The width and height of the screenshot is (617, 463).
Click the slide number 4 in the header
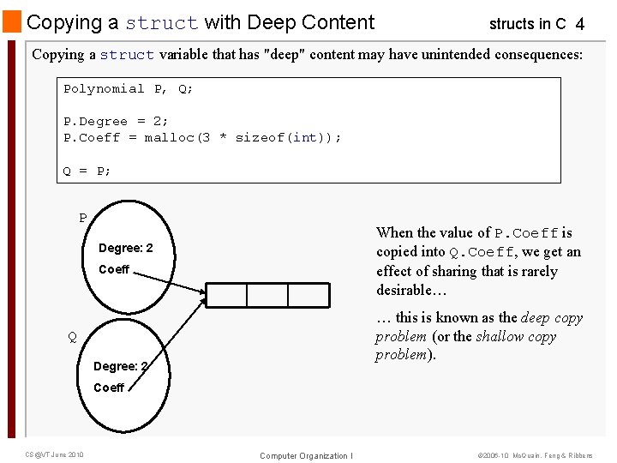580,25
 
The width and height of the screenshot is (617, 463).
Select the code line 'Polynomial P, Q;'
128,89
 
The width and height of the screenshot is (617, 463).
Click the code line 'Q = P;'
87,171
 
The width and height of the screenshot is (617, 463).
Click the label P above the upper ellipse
83,219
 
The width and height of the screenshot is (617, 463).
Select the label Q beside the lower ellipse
72,337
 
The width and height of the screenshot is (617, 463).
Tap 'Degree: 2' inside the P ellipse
125,249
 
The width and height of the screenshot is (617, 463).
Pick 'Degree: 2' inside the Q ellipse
120,366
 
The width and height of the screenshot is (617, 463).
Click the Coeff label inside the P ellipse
114,269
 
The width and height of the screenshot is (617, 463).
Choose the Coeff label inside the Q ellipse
109,388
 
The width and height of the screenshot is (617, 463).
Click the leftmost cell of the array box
226,295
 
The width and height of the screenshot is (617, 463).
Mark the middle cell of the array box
267,295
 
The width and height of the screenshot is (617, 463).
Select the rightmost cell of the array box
308,295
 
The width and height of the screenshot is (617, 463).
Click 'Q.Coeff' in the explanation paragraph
481,252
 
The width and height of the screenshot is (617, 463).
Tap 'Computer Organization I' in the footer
306,455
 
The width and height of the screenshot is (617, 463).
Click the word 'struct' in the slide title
161,23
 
